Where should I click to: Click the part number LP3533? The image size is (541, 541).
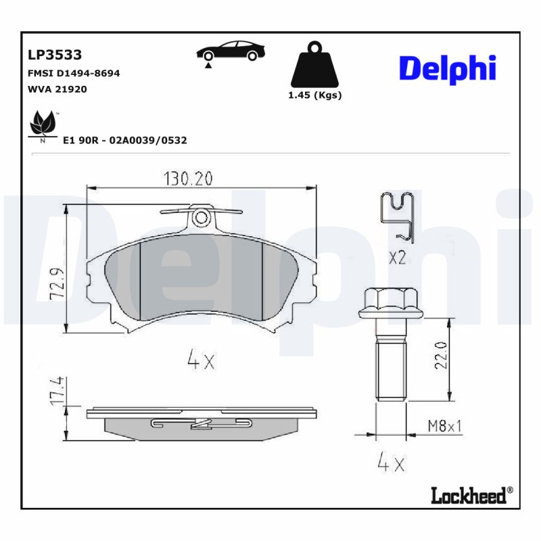(x=55, y=55)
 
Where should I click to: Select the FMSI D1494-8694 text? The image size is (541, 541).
(x=74, y=73)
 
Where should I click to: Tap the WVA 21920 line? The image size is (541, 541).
(x=57, y=89)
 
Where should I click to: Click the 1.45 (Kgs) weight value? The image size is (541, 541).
(x=315, y=95)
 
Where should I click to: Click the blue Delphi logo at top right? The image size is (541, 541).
(x=447, y=68)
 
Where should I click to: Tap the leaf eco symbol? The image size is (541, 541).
(x=43, y=125)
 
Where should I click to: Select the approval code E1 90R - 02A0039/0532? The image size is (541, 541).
(x=124, y=141)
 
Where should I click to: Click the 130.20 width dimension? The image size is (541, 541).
(x=188, y=179)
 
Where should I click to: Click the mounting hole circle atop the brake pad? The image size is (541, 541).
(x=201, y=218)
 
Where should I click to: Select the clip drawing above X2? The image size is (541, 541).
(x=398, y=215)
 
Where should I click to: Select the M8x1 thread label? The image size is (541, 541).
(x=444, y=426)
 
